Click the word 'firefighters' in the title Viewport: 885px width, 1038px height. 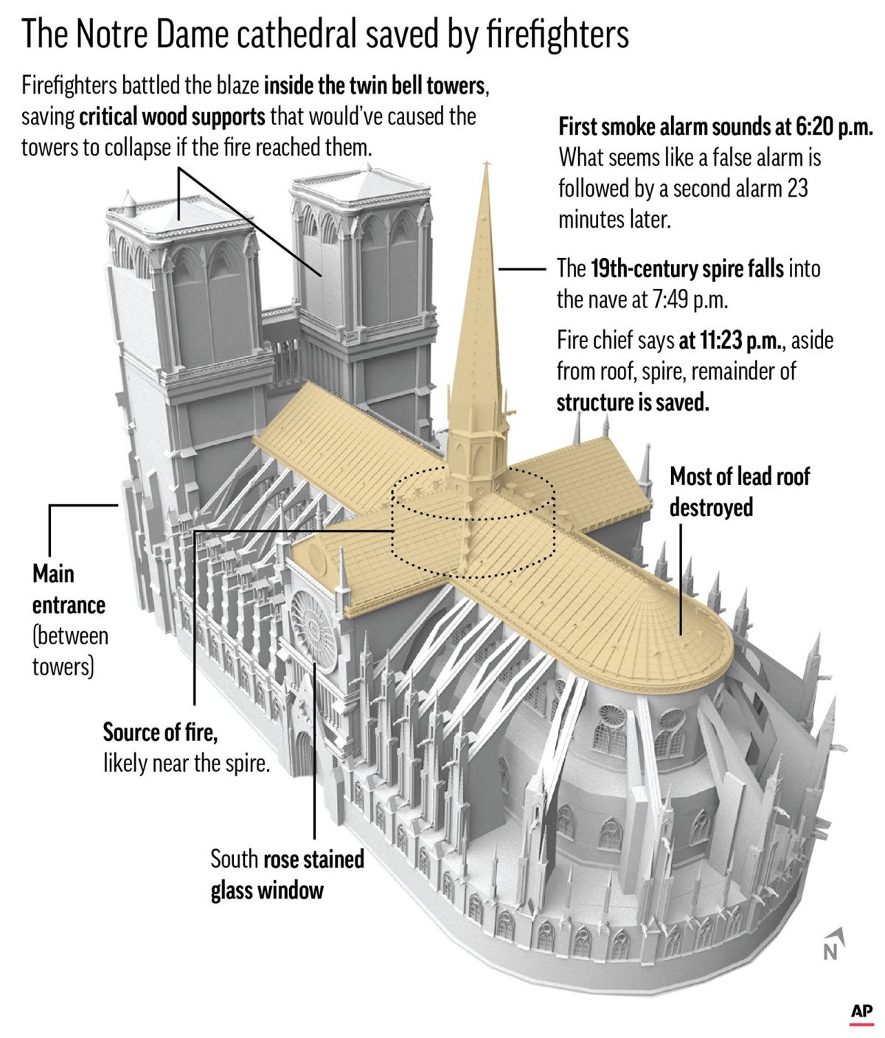558,35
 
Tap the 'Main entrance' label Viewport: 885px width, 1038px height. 69,590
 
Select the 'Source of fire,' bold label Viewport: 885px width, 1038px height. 160,733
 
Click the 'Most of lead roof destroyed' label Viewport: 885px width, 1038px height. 739,492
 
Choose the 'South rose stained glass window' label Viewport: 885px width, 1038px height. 287,874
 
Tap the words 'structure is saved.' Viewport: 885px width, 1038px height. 633,403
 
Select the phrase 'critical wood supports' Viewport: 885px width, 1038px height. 172,116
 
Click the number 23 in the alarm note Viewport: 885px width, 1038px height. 797,189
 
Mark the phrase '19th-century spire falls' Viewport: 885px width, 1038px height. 687,269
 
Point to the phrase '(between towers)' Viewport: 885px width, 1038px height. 70,652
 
